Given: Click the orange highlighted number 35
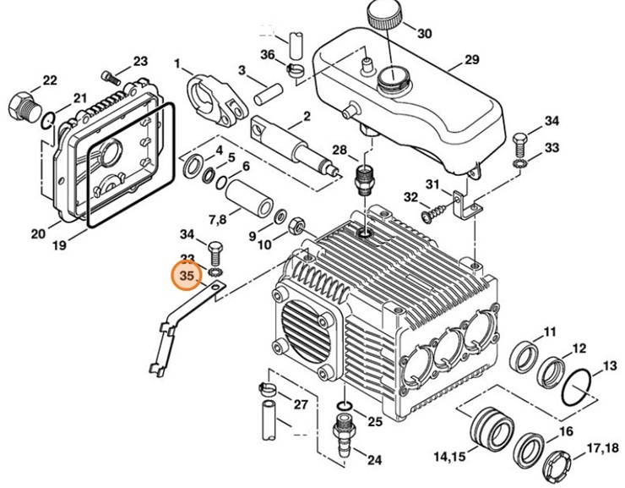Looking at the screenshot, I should point(187,276).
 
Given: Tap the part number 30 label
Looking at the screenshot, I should point(424,34).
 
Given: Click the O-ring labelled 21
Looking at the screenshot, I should point(51,119).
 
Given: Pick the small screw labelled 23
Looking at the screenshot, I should point(108,78).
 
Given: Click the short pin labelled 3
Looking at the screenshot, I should point(266,87).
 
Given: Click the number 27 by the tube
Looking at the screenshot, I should point(300,403).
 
